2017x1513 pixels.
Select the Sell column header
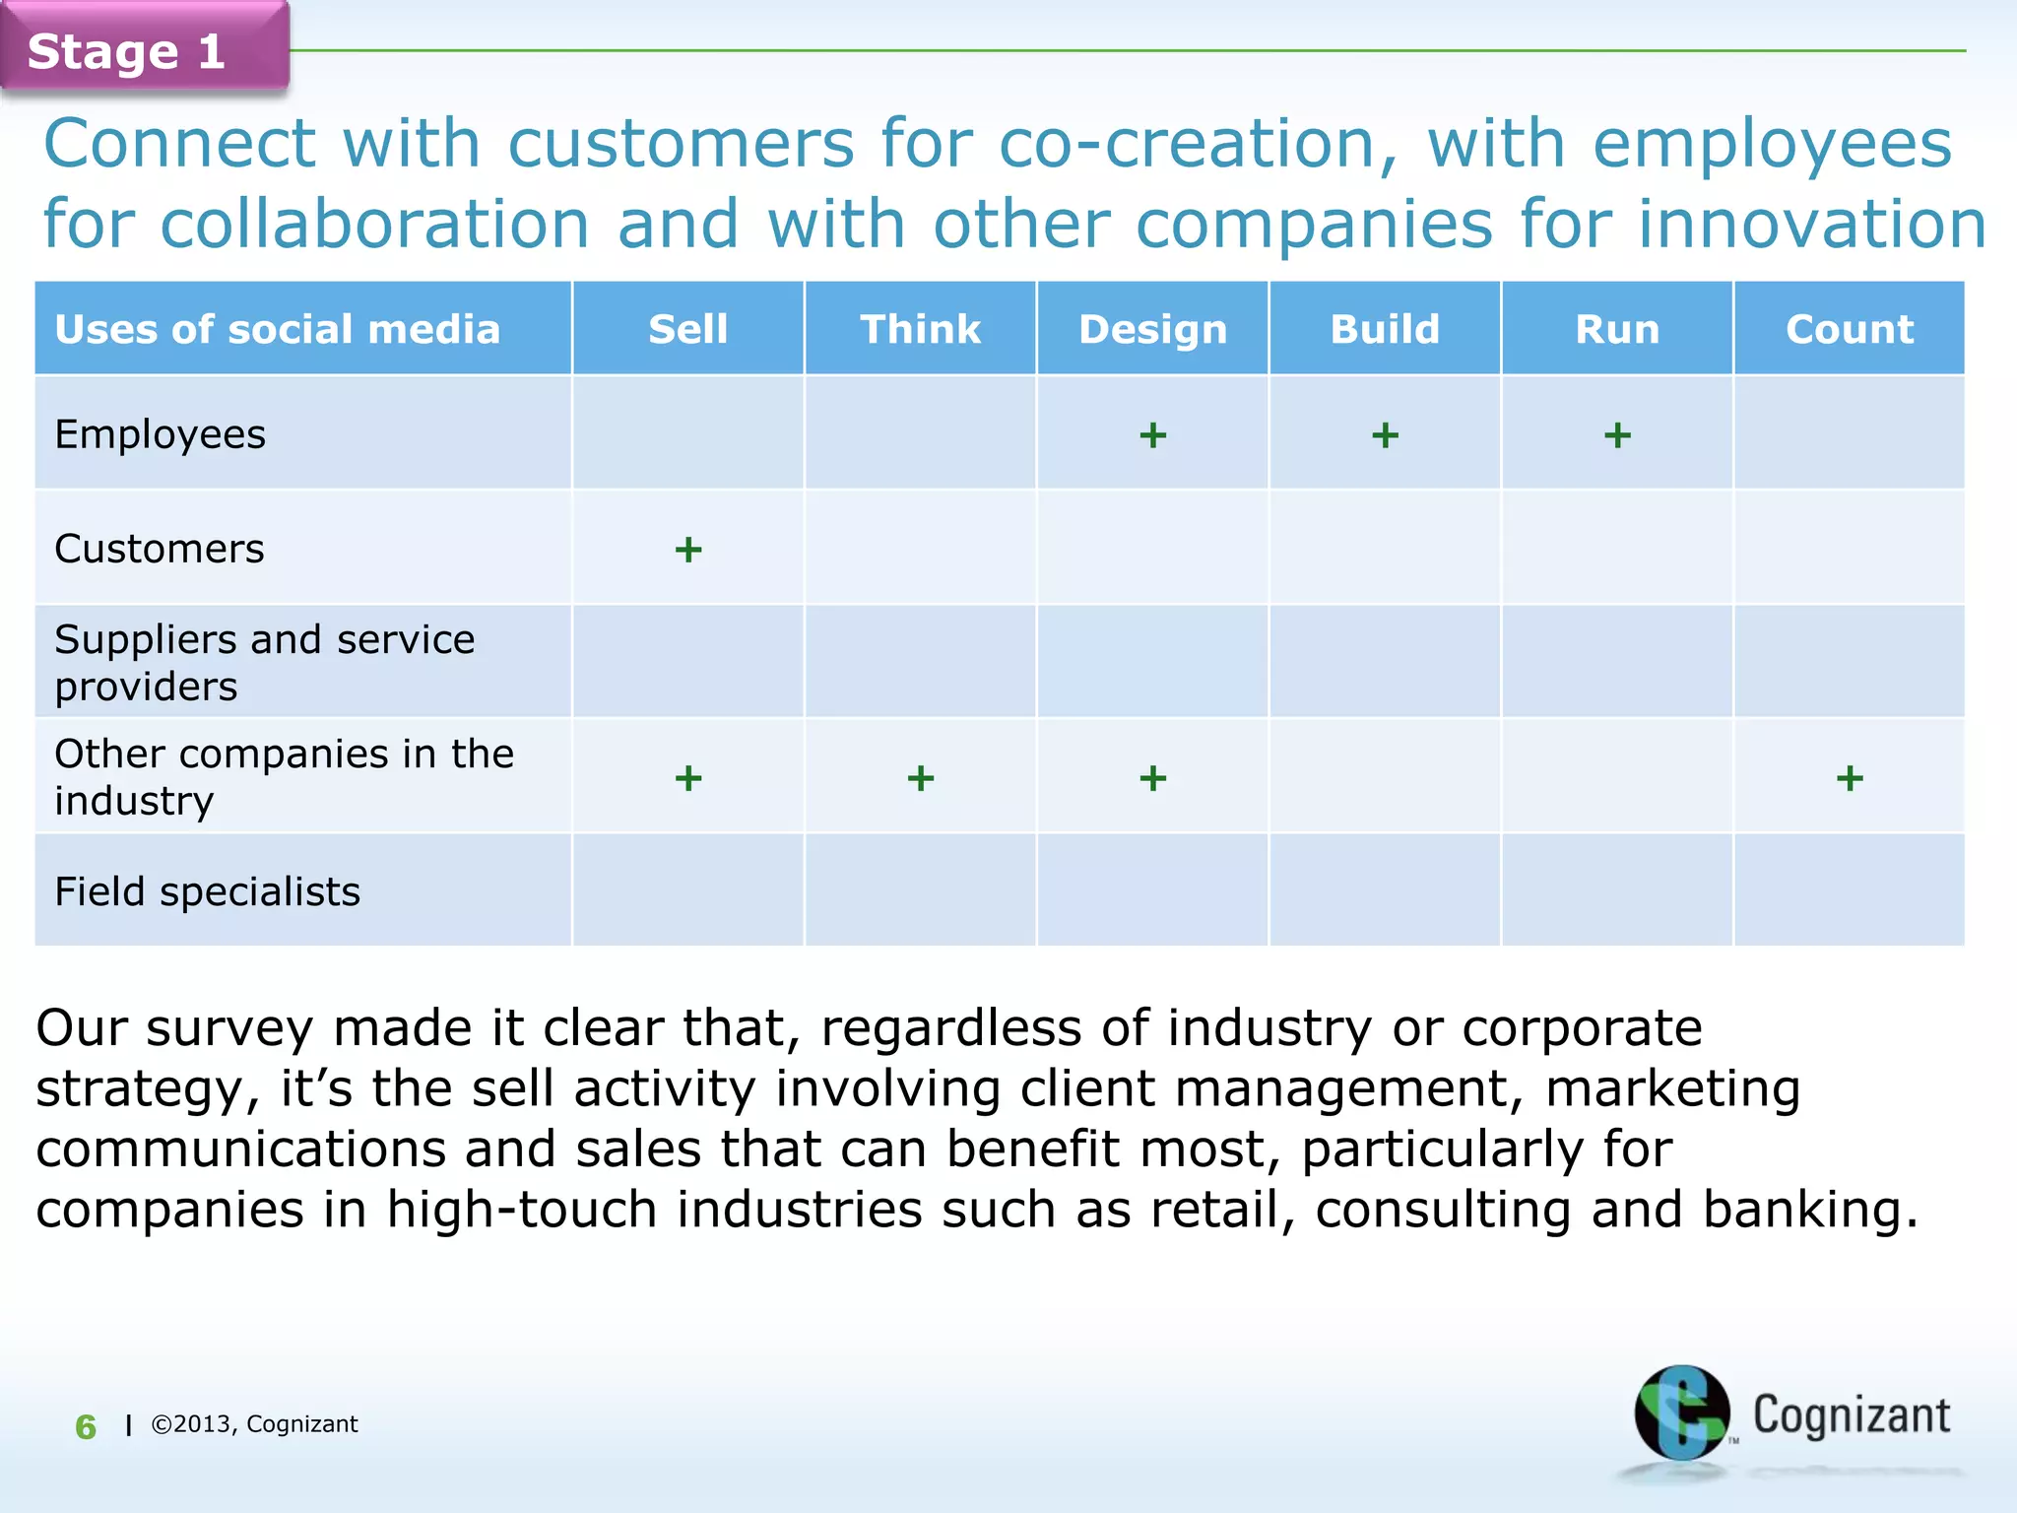[x=687, y=329]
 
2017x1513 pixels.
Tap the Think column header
[x=920, y=329]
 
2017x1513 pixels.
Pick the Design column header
[x=1152, y=329]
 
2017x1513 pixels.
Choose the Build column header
[x=1385, y=329]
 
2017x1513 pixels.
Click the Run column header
[x=1617, y=329]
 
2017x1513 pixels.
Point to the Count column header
[x=1850, y=329]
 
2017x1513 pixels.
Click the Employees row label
[x=160, y=434]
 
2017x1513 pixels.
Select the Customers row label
[x=160, y=549]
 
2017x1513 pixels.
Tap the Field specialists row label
[x=207, y=891]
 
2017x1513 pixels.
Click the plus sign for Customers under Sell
[x=688, y=550]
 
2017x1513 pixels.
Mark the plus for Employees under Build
[x=1385, y=435]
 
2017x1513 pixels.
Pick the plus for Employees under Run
[x=1617, y=435]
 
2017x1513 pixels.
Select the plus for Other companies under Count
[x=1850, y=779]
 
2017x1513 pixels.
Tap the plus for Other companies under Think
[x=920, y=779]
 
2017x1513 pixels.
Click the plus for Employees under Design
[x=1152, y=435]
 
